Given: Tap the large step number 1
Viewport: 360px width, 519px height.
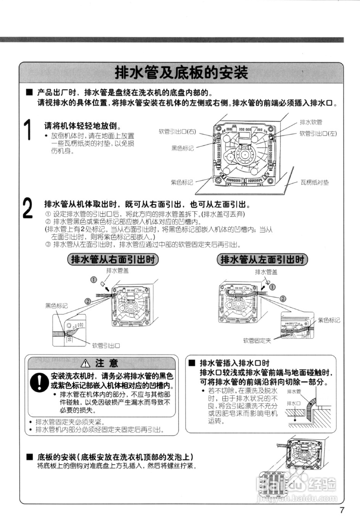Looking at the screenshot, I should click(27, 130).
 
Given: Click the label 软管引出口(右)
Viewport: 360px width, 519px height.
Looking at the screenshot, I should click(177, 132).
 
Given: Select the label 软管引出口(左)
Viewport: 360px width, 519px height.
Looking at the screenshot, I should click(318, 134).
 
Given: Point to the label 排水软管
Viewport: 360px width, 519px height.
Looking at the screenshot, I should click(311, 122).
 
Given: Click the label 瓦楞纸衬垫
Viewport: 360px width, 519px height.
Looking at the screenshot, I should click(315, 182).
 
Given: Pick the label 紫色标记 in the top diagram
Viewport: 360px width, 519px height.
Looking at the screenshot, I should click(182, 182).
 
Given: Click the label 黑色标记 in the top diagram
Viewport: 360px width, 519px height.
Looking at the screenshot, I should click(182, 148).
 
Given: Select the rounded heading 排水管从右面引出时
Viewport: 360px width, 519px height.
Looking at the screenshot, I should click(113, 259).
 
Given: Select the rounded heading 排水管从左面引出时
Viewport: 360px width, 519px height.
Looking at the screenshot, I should click(262, 260).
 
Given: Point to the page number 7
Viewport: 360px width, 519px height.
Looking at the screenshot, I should click(342, 510).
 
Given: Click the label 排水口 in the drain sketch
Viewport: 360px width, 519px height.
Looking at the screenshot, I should click(294, 403).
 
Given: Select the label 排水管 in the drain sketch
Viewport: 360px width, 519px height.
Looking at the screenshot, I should click(294, 392).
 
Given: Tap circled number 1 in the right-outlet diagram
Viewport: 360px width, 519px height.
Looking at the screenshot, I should click(93, 280).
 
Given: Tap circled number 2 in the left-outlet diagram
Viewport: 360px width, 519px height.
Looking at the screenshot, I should click(283, 298).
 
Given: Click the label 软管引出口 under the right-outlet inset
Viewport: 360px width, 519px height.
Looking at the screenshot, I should click(106, 346).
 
